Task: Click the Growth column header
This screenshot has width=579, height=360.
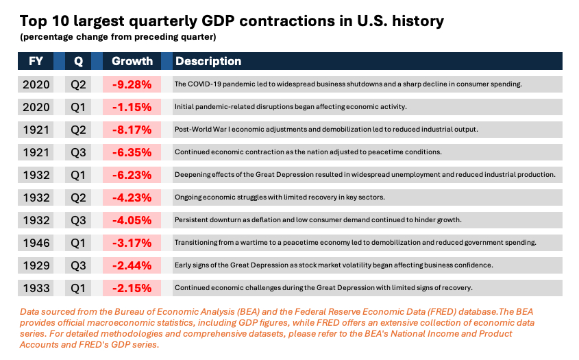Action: [132, 61]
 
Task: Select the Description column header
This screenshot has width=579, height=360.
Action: [208, 61]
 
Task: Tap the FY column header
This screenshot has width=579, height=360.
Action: [36, 61]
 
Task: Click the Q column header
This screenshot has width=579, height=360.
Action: [79, 61]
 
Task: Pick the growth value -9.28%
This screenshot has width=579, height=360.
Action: [132, 84]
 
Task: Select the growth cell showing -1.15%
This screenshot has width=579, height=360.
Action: [132, 107]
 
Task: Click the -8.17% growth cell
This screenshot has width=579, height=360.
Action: [132, 130]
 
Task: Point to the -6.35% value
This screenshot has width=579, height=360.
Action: [132, 152]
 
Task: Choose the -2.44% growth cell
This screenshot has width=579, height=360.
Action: [132, 265]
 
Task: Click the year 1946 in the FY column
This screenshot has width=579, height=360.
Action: [36, 242]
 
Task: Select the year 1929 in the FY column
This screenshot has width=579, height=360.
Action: [36, 265]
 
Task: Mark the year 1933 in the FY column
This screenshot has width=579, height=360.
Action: [36, 287]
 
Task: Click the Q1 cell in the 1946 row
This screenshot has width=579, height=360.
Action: [79, 242]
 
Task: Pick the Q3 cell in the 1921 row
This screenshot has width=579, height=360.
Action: [79, 152]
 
